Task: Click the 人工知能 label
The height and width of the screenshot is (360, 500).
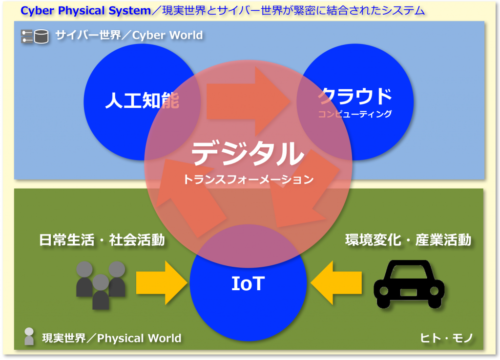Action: (x=142, y=100)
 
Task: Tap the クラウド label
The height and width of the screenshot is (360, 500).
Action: (x=355, y=96)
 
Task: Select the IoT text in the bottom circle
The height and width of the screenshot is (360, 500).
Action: (x=248, y=283)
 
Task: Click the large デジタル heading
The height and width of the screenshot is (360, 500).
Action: (x=248, y=153)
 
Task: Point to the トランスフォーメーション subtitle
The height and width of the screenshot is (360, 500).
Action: (x=248, y=180)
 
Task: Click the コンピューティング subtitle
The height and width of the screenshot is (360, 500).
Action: (x=355, y=114)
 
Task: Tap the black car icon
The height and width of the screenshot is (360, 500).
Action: (x=409, y=284)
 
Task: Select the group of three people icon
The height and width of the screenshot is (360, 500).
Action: (x=101, y=285)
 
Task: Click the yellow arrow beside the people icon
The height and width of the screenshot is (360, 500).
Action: (x=161, y=282)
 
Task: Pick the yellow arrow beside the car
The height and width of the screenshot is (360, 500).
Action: (x=336, y=282)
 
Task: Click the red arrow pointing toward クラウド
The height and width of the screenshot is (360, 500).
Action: (x=248, y=101)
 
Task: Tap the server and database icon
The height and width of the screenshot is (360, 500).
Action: (x=35, y=36)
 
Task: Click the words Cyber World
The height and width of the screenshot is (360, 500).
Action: (x=167, y=35)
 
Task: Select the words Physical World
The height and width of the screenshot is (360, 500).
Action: (x=139, y=338)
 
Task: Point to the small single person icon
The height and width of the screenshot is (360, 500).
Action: (x=29, y=336)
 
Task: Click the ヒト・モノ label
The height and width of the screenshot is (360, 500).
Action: (x=446, y=338)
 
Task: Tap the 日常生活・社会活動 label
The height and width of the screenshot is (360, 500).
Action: (x=102, y=240)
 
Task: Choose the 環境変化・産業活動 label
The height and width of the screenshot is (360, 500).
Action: (x=408, y=240)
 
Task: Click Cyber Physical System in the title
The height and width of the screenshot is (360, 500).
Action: (x=85, y=11)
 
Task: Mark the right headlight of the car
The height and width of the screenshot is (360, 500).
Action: (x=434, y=291)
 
